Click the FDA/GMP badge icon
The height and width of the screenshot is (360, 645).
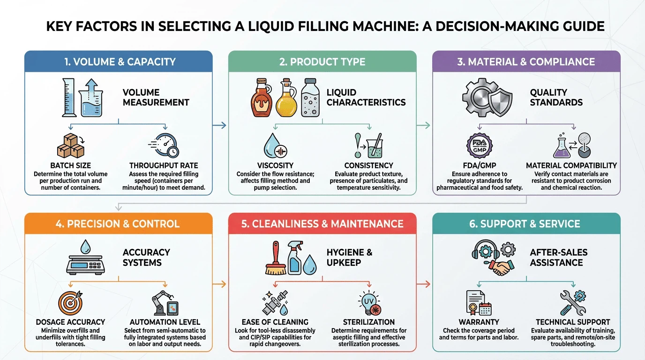tap(480, 145)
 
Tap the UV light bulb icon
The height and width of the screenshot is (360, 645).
tap(369, 303)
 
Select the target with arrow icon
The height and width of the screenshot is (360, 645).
tap(70, 303)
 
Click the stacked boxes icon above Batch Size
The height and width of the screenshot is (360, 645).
tap(71, 145)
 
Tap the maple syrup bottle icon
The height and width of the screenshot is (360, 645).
tap(261, 97)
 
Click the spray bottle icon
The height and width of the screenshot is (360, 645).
tap(294, 257)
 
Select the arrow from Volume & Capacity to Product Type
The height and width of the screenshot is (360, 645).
tap(219, 125)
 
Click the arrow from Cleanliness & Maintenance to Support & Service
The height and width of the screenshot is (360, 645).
tap(423, 284)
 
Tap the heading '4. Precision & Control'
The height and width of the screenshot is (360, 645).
tap(118, 224)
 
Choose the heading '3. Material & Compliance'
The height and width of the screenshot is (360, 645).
tap(526, 61)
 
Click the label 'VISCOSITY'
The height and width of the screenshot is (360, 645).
tap(275, 165)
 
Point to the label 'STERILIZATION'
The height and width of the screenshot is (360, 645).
tap(369, 322)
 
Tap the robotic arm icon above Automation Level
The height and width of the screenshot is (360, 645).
tap(165, 303)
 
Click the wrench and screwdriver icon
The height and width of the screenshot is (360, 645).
tap(573, 303)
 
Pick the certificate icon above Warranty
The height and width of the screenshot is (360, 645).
tap(479, 303)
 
